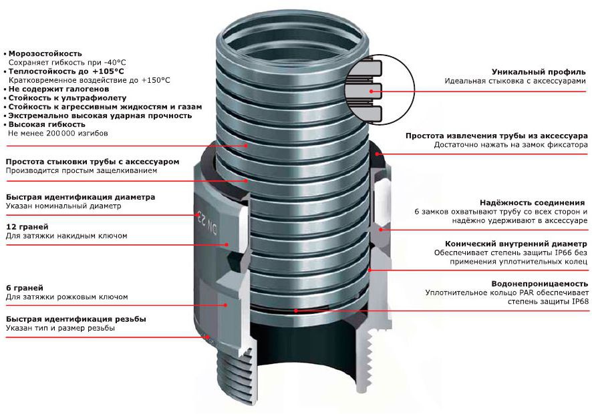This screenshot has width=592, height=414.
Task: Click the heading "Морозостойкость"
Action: [x=45, y=53]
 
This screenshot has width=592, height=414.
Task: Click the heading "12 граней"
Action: [x=25, y=227]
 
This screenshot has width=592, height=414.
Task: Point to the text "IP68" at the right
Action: [x=579, y=302]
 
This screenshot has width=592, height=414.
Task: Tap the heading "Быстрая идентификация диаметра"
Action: [x=80, y=197]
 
